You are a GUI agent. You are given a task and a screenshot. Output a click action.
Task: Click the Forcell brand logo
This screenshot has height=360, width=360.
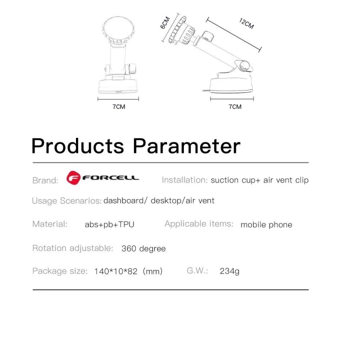[102, 179]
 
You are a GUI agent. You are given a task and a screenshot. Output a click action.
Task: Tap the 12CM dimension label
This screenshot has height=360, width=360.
[246, 24]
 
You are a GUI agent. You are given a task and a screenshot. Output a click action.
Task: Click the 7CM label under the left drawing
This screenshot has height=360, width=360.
[119, 106]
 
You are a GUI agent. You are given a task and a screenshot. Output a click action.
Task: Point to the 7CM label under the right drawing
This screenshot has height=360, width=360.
[235, 106]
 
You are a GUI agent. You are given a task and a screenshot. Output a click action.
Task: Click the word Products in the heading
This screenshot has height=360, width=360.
[77, 146]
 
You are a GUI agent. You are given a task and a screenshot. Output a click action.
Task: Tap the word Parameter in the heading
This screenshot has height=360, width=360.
[187, 146]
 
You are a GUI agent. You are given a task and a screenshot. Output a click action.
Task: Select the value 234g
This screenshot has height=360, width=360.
[229, 271]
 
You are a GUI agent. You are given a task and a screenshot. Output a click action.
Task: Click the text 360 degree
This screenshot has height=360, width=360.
[143, 248]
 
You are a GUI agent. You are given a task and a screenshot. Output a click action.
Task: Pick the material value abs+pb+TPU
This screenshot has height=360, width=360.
[109, 224]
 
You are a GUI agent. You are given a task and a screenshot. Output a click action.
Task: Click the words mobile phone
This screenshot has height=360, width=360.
[266, 224]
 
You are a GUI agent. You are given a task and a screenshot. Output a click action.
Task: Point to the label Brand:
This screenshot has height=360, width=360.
[45, 181]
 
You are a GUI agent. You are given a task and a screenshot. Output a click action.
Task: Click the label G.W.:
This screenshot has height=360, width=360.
[197, 271]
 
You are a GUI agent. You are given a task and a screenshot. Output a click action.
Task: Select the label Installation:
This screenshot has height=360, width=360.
[184, 180]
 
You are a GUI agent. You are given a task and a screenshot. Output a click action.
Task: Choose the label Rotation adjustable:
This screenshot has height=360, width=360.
[73, 248]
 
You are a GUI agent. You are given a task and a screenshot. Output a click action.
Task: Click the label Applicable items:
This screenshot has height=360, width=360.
[199, 224]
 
